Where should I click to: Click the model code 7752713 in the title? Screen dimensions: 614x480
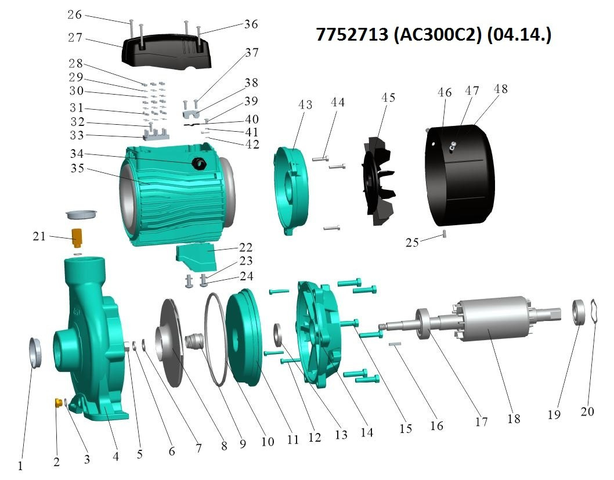pos(352,34)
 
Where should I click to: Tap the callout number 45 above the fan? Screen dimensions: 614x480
pos(388,98)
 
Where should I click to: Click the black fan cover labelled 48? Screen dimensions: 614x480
pos(460,175)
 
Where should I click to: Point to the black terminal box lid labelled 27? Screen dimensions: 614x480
pos(167,52)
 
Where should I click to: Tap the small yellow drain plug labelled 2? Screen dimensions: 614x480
pos(59,402)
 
